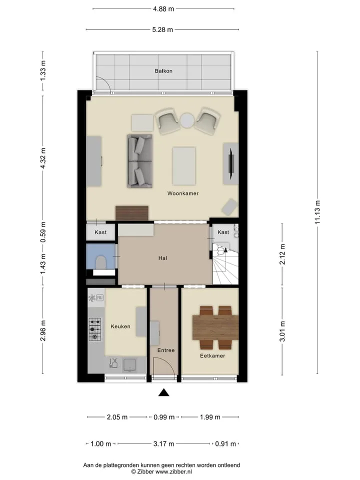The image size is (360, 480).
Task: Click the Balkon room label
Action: [163, 71]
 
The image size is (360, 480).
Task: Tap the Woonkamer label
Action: [183, 193]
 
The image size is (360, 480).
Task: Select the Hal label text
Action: [162, 258]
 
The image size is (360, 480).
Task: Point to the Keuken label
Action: [120, 326]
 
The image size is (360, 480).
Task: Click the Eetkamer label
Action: [212, 355]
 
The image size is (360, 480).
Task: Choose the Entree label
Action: [166, 350]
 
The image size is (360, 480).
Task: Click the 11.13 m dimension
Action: [317, 212]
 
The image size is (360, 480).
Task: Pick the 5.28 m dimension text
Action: [162, 29]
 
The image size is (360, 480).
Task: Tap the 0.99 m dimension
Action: [164, 417]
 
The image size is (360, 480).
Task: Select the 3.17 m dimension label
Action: [164, 444]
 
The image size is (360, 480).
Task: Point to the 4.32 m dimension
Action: [43, 158]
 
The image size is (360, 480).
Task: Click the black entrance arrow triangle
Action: [164, 392]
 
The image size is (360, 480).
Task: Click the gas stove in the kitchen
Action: [95, 329]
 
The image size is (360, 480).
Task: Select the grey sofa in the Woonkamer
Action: [140, 161]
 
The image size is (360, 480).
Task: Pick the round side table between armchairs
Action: [187, 120]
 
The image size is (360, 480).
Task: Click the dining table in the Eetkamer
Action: [215, 327]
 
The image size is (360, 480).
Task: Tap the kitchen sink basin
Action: [129, 365]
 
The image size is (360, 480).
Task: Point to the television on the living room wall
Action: [231, 163]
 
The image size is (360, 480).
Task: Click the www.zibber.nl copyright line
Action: [161, 472]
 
